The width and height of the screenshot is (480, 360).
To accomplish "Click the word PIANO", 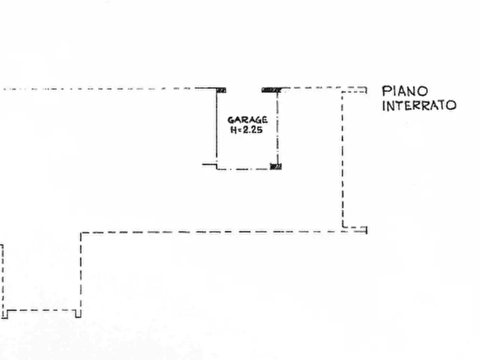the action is (405, 91).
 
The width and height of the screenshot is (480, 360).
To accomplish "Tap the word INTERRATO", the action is (419, 106).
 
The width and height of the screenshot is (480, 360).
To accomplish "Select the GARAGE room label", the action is (247, 120).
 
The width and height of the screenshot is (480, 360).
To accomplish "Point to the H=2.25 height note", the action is (246, 130).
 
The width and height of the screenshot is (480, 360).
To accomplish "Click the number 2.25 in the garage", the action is (253, 130).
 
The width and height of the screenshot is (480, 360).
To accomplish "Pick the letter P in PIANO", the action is (386, 91).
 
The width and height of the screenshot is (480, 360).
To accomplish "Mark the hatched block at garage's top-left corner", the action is (221, 90).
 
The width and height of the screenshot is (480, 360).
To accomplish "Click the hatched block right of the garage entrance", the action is (271, 90).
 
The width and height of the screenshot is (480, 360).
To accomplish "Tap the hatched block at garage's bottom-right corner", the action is (276, 167).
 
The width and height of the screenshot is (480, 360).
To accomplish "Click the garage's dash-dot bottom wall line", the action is (243, 169).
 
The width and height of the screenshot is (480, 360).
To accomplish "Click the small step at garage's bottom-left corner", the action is (210, 165).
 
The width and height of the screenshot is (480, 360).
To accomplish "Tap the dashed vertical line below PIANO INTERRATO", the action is (342, 159).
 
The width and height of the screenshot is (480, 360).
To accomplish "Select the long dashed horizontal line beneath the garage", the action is (224, 232).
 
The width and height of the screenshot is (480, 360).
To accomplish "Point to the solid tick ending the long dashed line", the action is (367, 230).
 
